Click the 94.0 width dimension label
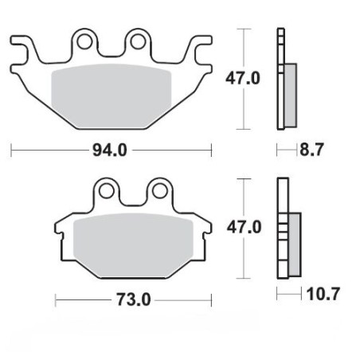coord(111,149)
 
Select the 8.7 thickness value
coord(311,149)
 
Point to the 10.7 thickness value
coord(322,295)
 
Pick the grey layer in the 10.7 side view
coord(293,244)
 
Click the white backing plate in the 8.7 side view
coord(280,80)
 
